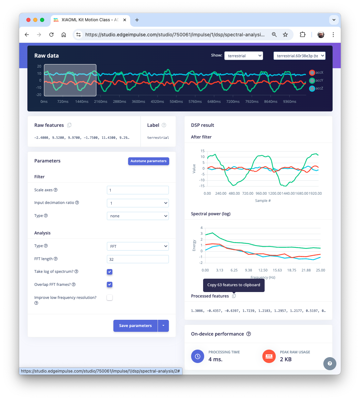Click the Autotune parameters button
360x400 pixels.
(x=148, y=161)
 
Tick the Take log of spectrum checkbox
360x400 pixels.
(x=110, y=272)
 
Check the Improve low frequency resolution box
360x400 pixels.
(x=110, y=298)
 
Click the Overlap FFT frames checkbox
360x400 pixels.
(x=110, y=284)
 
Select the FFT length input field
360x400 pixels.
(x=138, y=259)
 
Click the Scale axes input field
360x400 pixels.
(x=138, y=190)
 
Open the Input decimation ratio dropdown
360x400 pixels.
(x=138, y=203)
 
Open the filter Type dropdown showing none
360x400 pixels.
(x=138, y=216)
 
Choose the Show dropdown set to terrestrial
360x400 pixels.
(x=244, y=56)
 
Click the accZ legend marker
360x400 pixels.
(x=312, y=88)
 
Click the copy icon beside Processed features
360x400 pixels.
(x=234, y=296)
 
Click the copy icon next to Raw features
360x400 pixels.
(x=69, y=125)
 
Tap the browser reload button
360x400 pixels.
(x=51, y=35)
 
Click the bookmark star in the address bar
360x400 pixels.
(x=285, y=35)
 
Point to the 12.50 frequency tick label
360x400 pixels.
(x=263, y=270)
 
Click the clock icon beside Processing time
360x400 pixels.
(x=198, y=356)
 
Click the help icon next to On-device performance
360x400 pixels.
(x=249, y=334)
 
